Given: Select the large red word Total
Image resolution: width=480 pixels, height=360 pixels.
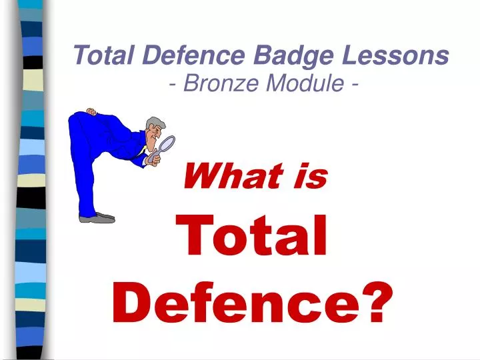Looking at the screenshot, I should click(255, 237).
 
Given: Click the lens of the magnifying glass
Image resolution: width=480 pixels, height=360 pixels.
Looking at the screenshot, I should click(167, 144).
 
